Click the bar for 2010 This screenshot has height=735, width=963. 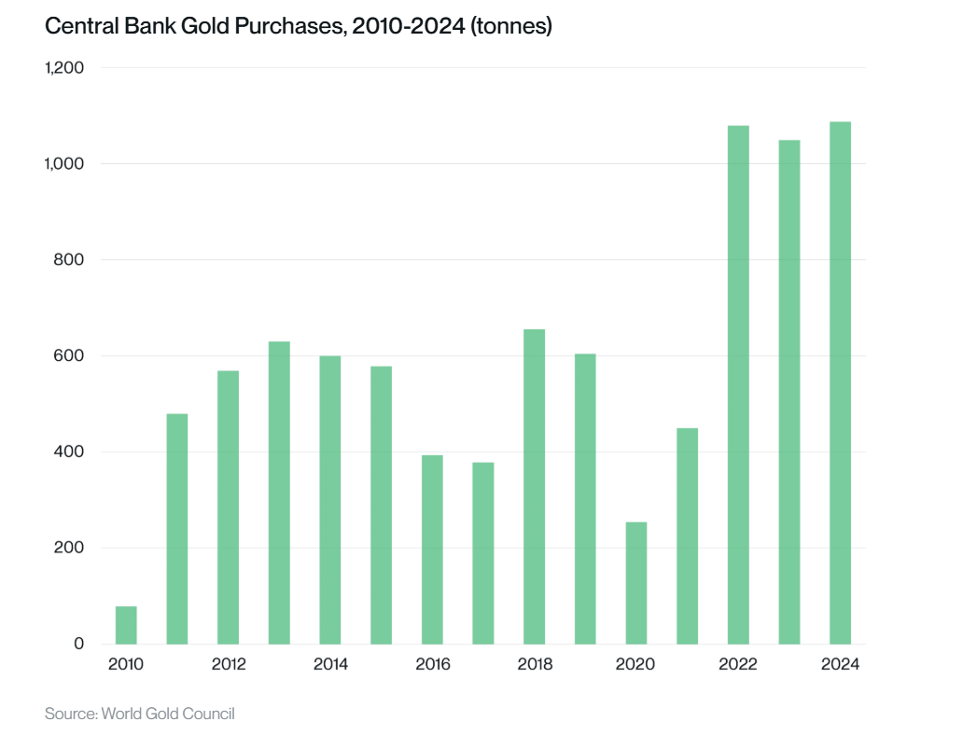pyautogui.click(x=126, y=625)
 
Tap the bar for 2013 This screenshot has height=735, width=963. pyautogui.click(x=279, y=492)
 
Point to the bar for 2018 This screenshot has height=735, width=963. pyautogui.click(x=534, y=486)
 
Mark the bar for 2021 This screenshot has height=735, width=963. pyautogui.click(x=687, y=536)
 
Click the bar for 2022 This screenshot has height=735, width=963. pyautogui.click(x=738, y=384)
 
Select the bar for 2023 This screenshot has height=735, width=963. pyautogui.click(x=789, y=392)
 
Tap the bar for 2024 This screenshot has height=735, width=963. pyautogui.click(x=840, y=382)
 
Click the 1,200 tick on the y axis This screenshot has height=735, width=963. pyautogui.click(x=64, y=68)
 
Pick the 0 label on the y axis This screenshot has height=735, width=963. pyautogui.click(x=78, y=645)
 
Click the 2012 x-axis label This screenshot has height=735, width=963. pyautogui.click(x=229, y=665)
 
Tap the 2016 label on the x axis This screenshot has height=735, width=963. pyautogui.click(x=432, y=665)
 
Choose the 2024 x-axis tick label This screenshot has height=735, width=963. pyautogui.click(x=840, y=665)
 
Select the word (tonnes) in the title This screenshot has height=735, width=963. pyautogui.click(x=512, y=28)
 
